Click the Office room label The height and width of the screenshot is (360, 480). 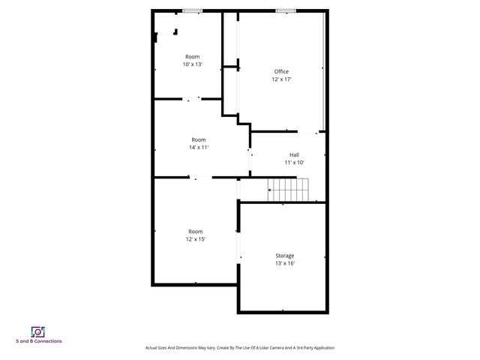point(281,71)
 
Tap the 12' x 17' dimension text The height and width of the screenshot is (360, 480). point(281,79)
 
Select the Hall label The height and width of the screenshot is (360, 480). point(294,154)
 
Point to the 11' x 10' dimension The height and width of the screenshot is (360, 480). point(294,163)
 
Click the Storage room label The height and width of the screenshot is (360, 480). point(284,256)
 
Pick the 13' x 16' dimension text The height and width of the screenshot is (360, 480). point(284,263)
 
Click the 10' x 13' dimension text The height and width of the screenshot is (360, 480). point(193,64)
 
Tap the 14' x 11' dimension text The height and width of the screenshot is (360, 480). point(198,148)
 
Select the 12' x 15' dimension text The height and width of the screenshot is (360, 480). point(196,239)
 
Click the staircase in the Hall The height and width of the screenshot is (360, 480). point(290,190)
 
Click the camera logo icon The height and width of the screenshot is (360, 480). point(38,331)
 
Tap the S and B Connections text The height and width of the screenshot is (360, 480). point(39,342)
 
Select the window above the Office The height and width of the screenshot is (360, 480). point(284,10)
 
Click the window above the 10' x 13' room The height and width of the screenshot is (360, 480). point(193,10)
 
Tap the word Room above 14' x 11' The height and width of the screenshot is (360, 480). point(198,139)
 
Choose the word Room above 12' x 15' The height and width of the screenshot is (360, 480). point(196,231)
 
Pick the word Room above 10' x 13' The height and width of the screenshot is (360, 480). point(193,56)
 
